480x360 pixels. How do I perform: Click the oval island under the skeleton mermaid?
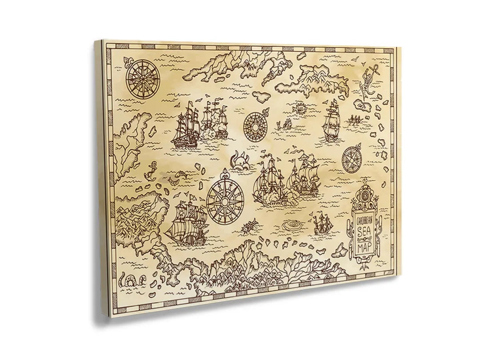point(365,106)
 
